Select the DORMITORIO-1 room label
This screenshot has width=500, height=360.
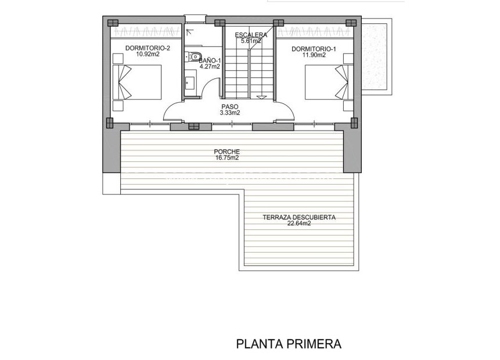(314, 48)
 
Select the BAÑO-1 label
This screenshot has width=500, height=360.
(210, 60)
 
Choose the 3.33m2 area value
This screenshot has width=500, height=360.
(230, 113)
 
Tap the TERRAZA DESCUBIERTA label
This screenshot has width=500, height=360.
(299, 218)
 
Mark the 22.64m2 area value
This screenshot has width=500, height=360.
(299, 224)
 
